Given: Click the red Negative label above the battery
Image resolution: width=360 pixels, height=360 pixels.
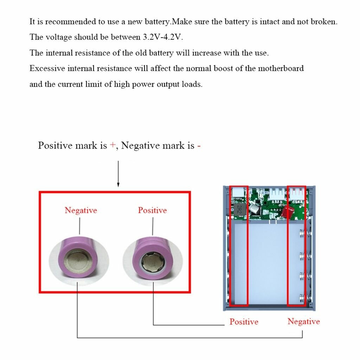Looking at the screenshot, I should pyautogui.click(x=81, y=210).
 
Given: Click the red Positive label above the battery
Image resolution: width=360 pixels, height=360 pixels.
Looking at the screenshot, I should pyautogui.click(x=152, y=210).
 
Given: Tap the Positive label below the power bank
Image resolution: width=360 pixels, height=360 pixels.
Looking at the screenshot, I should pyautogui.click(x=244, y=321).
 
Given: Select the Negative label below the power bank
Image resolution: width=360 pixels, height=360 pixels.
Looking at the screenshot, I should pyautogui.click(x=303, y=321).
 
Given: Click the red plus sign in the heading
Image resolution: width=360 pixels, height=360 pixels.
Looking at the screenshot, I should pyautogui.click(x=112, y=146).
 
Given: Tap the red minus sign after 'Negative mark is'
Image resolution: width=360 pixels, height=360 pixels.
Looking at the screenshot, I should pyautogui.click(x=199, y=146).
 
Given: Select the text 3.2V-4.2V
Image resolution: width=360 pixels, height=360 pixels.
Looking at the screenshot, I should pyautogui.click(x=163, y=37).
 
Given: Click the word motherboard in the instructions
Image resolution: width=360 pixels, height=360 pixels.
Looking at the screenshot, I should pyautogui.click(x=281, y=68).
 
